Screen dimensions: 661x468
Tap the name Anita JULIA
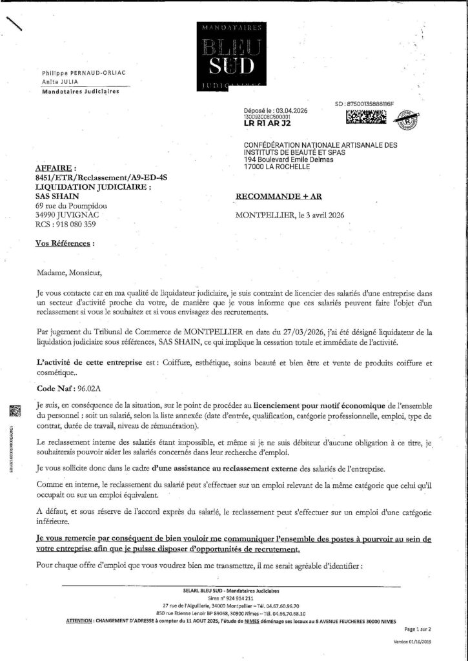coord(60,82)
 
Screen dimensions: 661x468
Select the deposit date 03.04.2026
coord(290,110)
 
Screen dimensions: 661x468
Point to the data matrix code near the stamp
coord(367,117)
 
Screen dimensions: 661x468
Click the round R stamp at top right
coord(408,118)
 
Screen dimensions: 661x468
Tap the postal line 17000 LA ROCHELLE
coord(277,167)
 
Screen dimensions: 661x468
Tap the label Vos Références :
coord(64,245)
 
